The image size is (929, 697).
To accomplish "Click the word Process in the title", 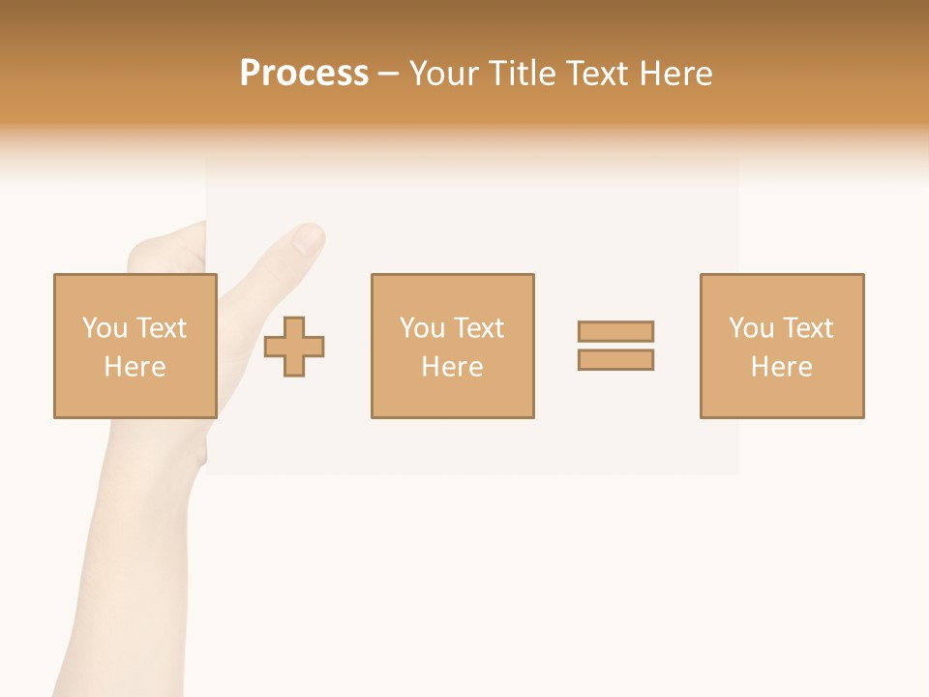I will pos(304,74).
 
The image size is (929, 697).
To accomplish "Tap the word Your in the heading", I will pos(446,74).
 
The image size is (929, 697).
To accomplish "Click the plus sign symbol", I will pos(295,347).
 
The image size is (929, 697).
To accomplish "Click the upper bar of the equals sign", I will pos(615,331).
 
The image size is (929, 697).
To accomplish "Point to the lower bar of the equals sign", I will pos(615,359).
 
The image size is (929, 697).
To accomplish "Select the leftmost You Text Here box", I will pos(135,346).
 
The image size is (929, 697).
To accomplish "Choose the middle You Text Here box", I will pos(452,346).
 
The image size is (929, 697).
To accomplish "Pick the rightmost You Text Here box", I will pos(782,346).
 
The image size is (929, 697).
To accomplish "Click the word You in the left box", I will pos(105,328).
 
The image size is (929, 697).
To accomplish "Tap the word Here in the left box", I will pos(135,367).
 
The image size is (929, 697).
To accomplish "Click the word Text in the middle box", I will pos(479,328).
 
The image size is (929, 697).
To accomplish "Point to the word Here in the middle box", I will pos(452,367).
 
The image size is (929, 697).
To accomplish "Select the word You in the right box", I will pos(751,328).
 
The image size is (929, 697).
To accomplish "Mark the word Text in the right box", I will pos(808,328).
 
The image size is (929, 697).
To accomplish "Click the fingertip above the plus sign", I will pos(308,238).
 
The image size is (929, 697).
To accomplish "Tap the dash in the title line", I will pos(389,75).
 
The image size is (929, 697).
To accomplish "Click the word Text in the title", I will pos(593,74).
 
